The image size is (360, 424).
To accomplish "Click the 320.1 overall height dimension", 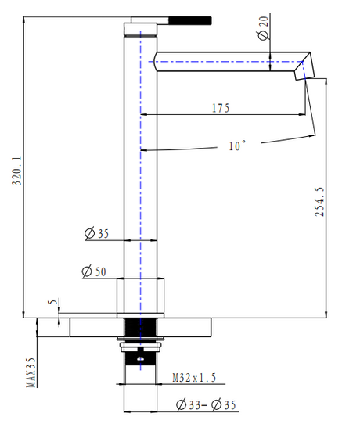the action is [x=17, y=171].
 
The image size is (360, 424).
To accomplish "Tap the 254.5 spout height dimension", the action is [x=319, y=202].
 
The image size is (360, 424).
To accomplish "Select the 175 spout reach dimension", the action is [x=221, y=108].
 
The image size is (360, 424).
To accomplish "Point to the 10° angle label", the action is [x=237, y=146].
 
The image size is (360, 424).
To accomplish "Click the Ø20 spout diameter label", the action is [x=263, y=28].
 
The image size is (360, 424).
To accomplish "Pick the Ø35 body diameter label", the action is [x=96, y=234].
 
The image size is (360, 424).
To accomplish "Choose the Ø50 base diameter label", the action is [x=94, y=271].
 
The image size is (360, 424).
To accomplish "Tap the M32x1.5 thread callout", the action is [x=194, y=378].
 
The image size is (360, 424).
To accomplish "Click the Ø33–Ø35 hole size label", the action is [x=206, y=404].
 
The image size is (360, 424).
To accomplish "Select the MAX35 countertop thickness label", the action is [x=31, y=372].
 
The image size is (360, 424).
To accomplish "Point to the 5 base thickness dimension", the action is [x=53, y=301].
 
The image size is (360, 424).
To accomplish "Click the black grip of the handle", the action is [x=190, y=21].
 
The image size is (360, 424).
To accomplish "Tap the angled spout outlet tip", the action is [x=304, y=72].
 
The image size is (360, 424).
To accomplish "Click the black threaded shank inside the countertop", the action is [x=140, y=328].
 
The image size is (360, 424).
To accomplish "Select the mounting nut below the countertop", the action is [x=141, y=347].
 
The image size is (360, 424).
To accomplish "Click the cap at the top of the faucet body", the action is [x=140, y=29].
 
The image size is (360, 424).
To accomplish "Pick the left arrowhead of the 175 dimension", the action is [x=144, y=115].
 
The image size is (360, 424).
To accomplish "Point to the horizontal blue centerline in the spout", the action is [x=225, y=62].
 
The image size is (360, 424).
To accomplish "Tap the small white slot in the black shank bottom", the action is [x=140, y=359].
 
